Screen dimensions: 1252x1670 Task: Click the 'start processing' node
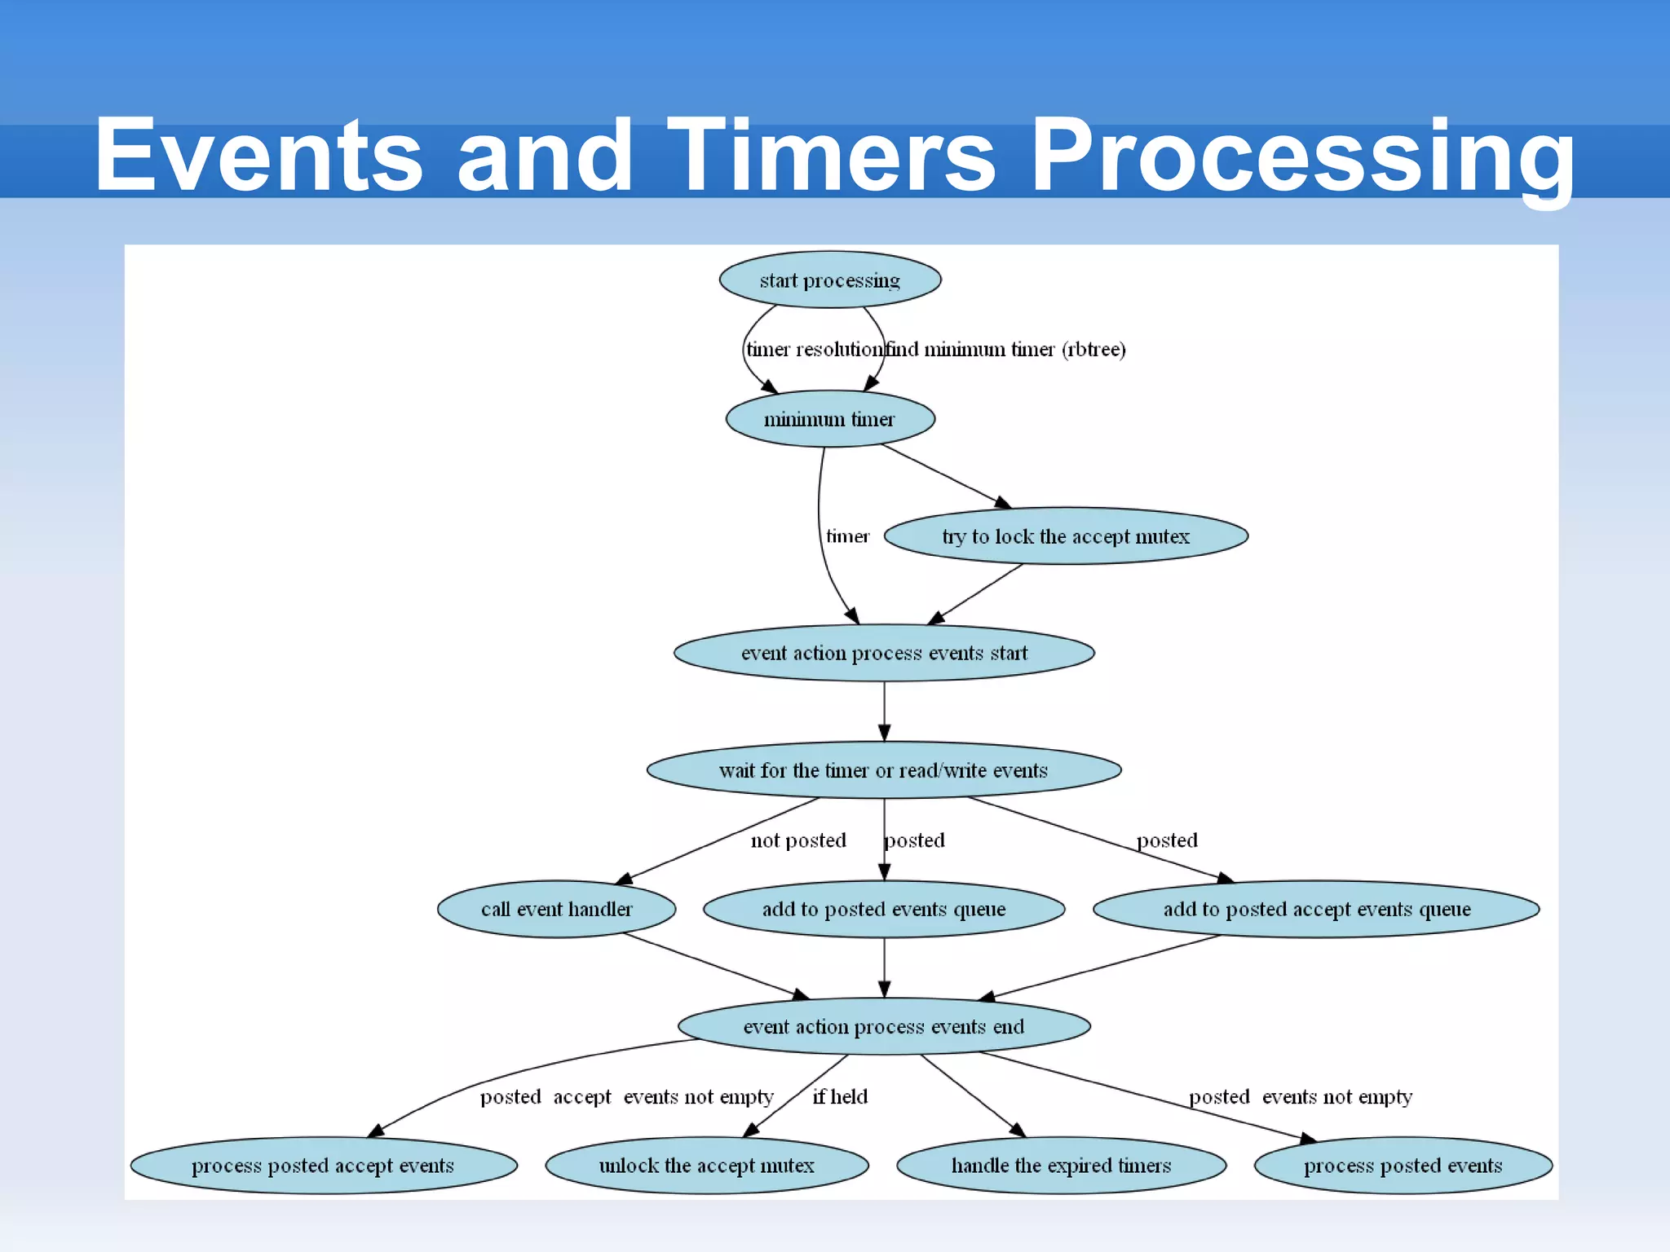pyautogui.click(x=830, y=280)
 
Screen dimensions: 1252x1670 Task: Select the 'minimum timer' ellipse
pyautogui.click(x=830, y=419)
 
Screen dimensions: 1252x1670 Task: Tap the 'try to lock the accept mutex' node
pyautogui.click(x=1066, y=536)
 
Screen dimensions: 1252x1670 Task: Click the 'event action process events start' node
pyautogui.click(x=884, y=653)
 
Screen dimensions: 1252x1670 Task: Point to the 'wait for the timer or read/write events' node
pyautogui.click(x=884, y=770)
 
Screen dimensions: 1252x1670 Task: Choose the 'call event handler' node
pyautogui.click(x=557, y=909)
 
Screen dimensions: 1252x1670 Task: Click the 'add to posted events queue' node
pyautogui.click(x=884, y=909)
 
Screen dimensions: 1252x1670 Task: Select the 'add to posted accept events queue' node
pyautogui.click(x=1316, y=909)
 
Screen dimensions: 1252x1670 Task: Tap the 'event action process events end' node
pyautogui.click(x=884, y=1026)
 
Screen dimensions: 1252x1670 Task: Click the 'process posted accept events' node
pyautogui.click(x=324, y=1166)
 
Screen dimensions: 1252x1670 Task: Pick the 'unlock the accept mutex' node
pyautogui.click(x=707, y=1166)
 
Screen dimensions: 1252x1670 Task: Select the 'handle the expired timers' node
pyautogui.click(x=1061, y=1166)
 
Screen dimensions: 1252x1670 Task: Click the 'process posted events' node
pyautogui.click(x=1403, y=1166)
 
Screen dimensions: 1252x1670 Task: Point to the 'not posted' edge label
pyautogui.click(x=798, y=840)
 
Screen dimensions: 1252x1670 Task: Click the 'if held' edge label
pyautogui.click(x=840, y=1097)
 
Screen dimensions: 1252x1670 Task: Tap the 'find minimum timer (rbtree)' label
pyautogui.click(x=1006, y=350)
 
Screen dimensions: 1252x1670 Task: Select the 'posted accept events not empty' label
pyautogui.click(x=626, y=1097)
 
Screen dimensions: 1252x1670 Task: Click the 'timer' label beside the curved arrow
pyautogui.click(x=848, y=536)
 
